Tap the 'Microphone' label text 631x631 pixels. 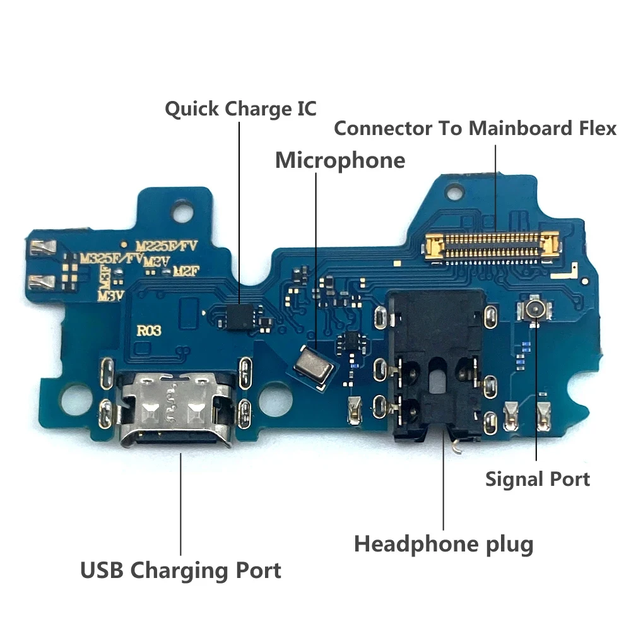coord(339,160)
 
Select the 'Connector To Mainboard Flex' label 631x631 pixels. coord(475,128)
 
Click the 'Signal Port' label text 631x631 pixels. coord(537,479)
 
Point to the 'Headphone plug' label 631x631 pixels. coord(444,543)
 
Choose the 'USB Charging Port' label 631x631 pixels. coord(180,571)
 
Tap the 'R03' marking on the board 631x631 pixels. coord(149,329)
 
